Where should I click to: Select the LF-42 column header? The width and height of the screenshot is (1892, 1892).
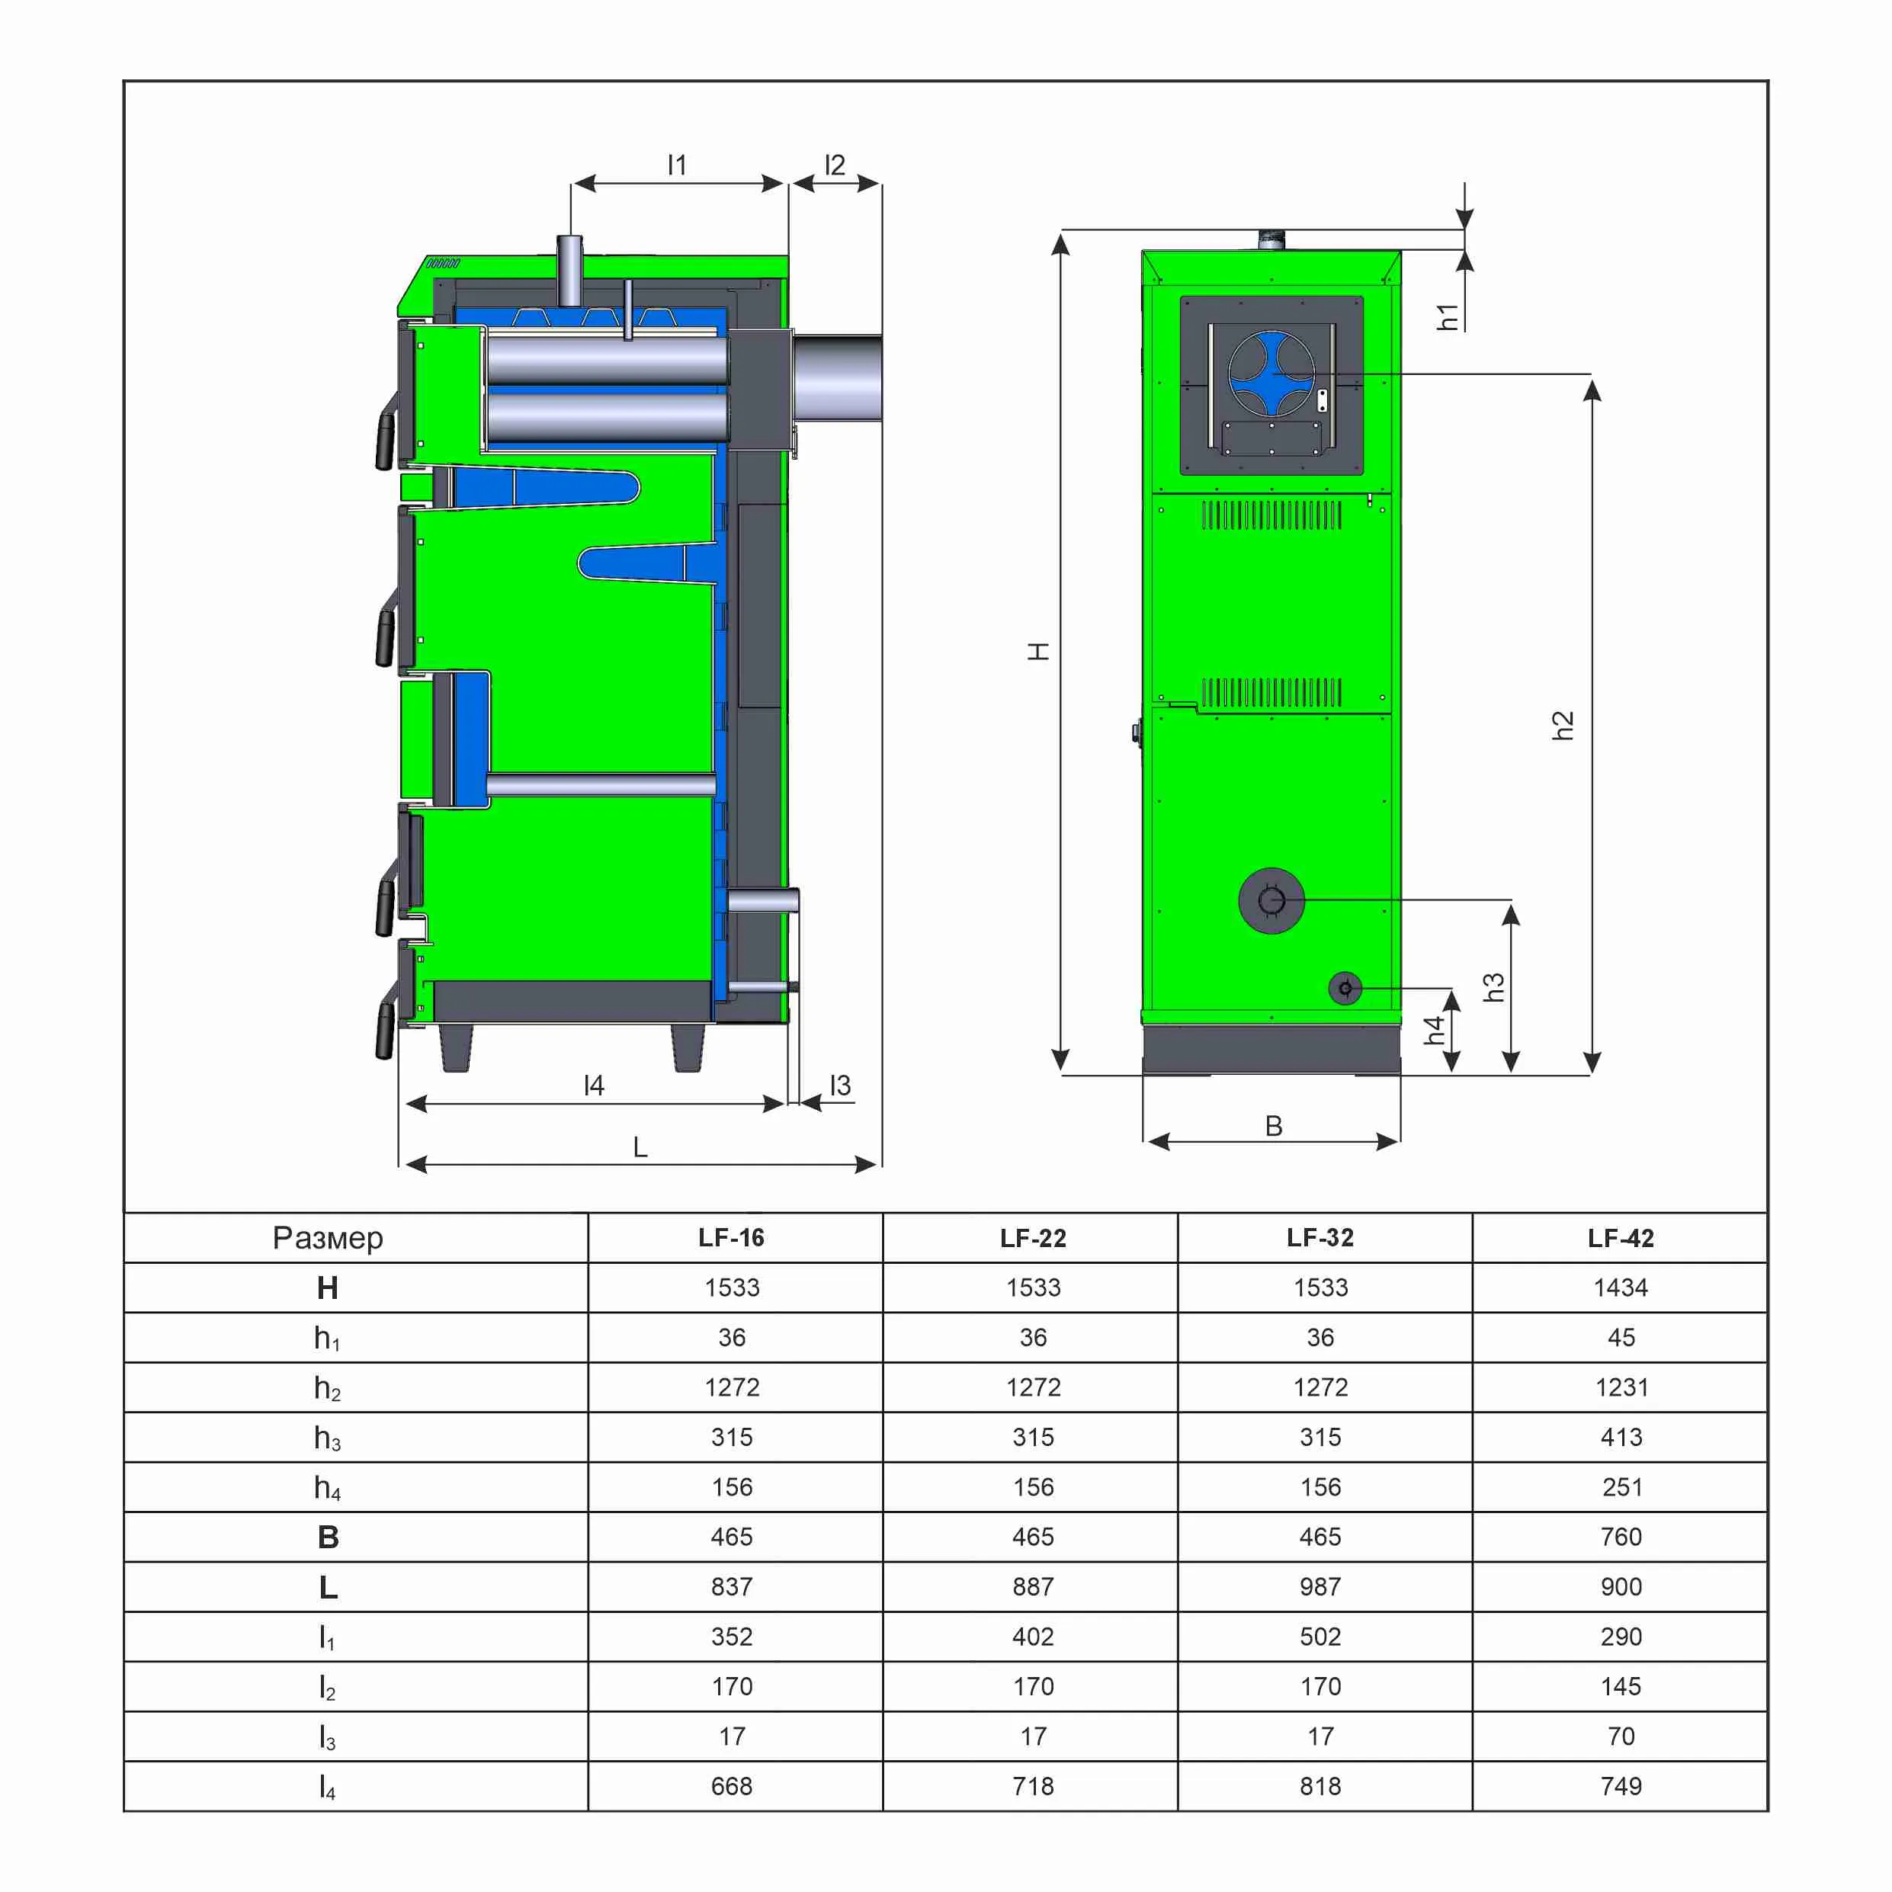tap(1621, 1238)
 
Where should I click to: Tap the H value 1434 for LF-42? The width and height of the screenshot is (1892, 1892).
tap(1621, 1288)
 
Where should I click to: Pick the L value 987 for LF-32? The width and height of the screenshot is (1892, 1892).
tap(1320, 1586)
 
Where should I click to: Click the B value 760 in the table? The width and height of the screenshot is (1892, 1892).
tap(1621, 1537)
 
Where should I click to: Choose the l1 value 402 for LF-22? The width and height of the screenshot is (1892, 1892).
tap(1033, 1637)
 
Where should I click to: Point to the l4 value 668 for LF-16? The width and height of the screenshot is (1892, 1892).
tap(732, 1786)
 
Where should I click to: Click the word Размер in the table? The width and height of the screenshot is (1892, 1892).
tap(328, 1239)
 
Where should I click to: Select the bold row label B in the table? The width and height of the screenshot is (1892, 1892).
tap(328, 1538)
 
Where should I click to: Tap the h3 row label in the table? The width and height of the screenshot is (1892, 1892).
tap(327, 1438)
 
